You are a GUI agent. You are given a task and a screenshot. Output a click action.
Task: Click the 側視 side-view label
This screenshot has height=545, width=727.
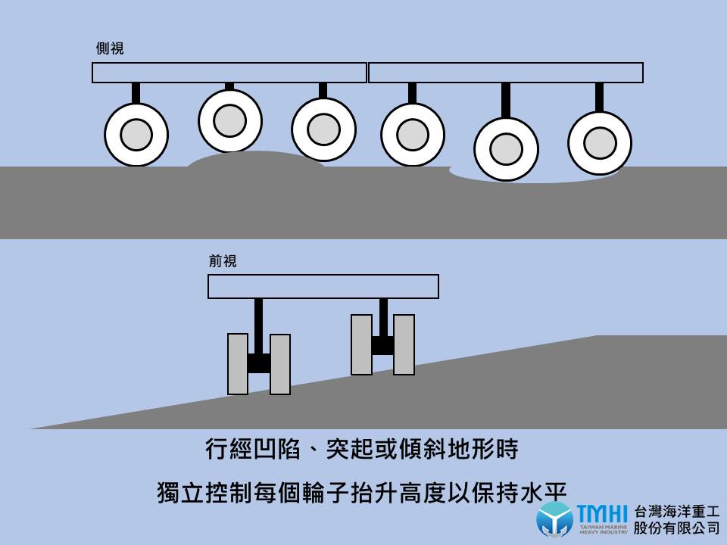tap(110, 49)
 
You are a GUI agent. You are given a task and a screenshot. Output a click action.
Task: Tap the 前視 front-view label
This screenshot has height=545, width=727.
tap(223, 262)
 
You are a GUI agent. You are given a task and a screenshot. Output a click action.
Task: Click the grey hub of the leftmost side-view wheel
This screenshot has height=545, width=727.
tap(136, 135)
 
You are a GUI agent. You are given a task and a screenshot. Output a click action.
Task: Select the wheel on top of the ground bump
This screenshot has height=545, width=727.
tap(230, 120)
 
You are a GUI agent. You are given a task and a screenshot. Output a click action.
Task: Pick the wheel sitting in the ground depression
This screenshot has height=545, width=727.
tap(506, 149)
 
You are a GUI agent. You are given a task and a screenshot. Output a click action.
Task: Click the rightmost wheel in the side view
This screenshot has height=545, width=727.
tap(600, 142)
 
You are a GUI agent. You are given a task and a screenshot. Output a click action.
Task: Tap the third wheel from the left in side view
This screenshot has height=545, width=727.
tap(323, 129)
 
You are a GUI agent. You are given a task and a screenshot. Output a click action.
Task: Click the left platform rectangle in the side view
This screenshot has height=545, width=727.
tap(229, 73)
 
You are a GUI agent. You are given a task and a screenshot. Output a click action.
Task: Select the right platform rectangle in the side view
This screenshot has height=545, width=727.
tap(506, 73)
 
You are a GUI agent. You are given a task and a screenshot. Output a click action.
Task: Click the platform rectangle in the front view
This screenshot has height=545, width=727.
tap(323, 287)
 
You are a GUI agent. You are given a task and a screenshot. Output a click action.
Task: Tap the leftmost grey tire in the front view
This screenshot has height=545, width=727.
tap(238, 364)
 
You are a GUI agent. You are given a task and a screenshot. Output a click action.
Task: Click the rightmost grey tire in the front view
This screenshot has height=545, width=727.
tap(404, 344)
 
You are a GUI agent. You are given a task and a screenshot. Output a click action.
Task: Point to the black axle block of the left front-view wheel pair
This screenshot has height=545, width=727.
tap(259, 363)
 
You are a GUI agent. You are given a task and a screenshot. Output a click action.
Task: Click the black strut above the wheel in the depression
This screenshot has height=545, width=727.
tap(506, 100)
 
